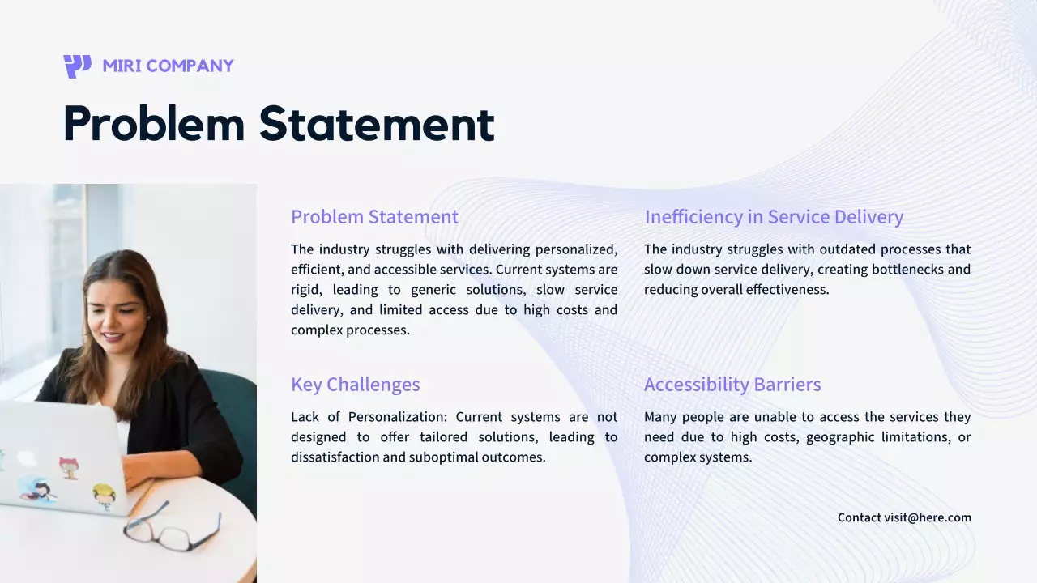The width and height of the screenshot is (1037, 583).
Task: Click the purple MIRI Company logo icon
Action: [77, 66]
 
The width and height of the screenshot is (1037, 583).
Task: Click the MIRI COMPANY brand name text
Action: [168, 66]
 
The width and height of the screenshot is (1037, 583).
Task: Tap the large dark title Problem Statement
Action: [279, 124]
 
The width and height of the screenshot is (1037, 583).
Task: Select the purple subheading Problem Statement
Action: [374, 217]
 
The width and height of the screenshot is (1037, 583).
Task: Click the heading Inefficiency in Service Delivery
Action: [774, 217]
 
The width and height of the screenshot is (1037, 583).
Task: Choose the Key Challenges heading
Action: [355, 385]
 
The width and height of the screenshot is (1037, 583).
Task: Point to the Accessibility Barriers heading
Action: [732, 385]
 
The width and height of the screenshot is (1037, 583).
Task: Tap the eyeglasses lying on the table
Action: [172, 526]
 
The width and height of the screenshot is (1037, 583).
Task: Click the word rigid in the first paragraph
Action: [308, 290]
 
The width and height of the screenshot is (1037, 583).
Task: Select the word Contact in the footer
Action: [859, 517]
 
